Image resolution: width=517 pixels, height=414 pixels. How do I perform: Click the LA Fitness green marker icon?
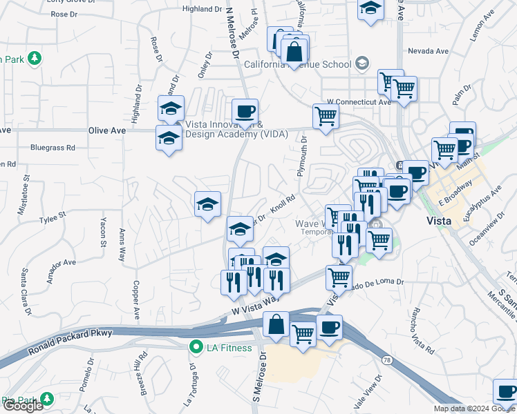(196, 347)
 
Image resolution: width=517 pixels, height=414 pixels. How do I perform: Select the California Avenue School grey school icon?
(361, 64)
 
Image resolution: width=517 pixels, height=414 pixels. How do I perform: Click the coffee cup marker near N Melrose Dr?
(244, 112)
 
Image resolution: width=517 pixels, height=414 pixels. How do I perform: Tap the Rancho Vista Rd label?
(420, 329)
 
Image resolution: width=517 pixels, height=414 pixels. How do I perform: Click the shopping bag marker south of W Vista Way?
(276, 325)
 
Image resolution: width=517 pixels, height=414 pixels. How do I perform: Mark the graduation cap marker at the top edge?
(370, 10)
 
